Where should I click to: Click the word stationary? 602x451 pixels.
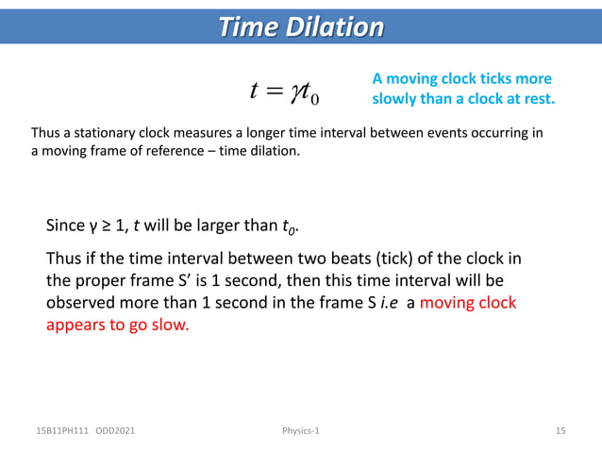point(103,134)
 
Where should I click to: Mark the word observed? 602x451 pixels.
point(82,305)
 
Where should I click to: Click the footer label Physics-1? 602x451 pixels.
point(301,431)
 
